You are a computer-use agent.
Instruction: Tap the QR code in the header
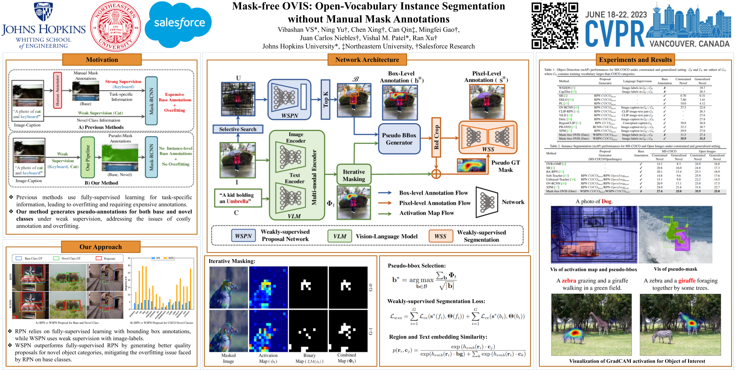[555, 25]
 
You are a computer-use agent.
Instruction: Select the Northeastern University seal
[115, 26]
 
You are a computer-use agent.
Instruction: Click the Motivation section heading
[102, 60]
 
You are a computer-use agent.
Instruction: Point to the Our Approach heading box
[101, 247]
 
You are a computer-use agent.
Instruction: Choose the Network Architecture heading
[367, 60]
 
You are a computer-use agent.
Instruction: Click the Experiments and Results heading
[635, 60]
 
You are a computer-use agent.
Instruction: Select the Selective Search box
[238, 129]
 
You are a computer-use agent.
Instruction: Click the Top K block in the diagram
[325, 99]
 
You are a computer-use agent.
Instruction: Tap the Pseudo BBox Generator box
[399, 139]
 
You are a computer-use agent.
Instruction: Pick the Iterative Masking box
[354, 175]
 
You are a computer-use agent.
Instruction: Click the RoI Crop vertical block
[436, 137]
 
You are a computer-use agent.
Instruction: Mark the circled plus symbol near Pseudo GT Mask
[436, 174]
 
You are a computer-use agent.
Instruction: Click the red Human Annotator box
[57, 90]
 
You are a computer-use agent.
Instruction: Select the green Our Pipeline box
[87, 157]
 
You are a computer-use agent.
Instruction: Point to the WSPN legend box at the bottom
[243, 236]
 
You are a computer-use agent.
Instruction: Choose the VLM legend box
[340, 236]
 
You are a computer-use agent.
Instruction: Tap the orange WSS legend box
[440, 236]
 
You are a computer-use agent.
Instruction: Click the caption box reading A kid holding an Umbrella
[238, 198]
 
